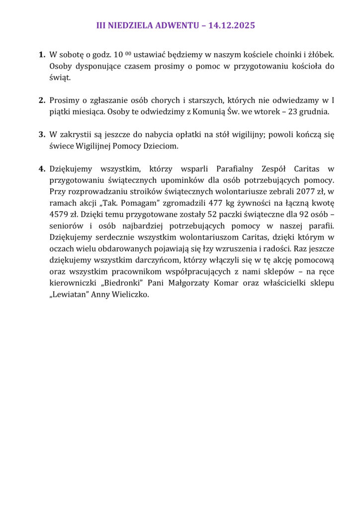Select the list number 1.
42,54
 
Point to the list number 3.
42,134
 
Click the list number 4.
42,169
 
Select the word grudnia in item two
315,111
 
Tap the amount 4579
60,215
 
